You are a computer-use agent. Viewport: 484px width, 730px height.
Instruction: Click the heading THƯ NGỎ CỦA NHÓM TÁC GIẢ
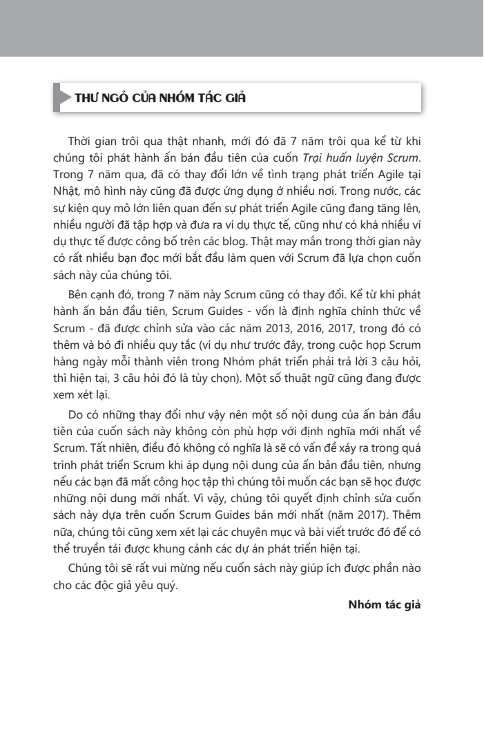point(160,98)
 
